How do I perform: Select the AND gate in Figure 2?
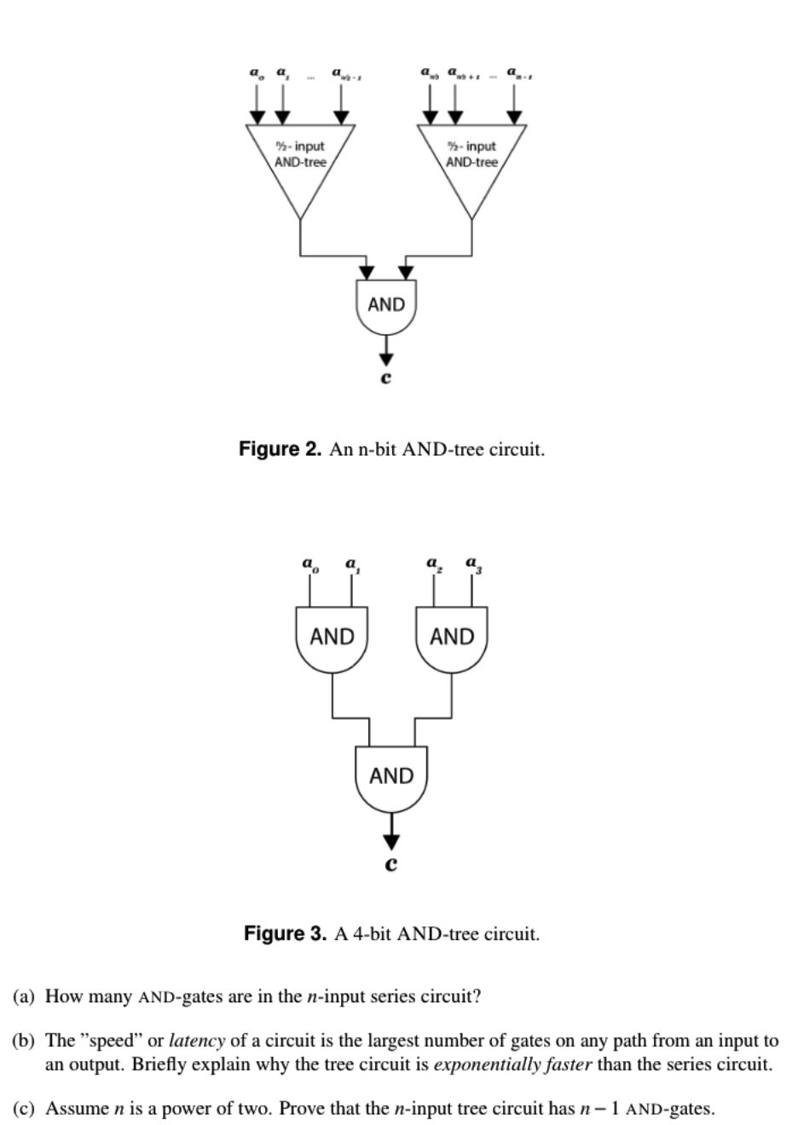click(x=386, y=307)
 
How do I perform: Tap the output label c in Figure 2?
click(x=385, y=378)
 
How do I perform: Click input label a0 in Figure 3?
click(x=308, y=566)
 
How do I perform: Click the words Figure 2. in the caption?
click(x=280, y=449)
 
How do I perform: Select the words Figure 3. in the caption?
click(x=285, y=933)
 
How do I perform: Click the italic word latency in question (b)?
click(x=196, y=1041)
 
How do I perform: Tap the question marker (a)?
click(x=26, y=996)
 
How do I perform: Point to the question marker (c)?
click(x=26, y=1109)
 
